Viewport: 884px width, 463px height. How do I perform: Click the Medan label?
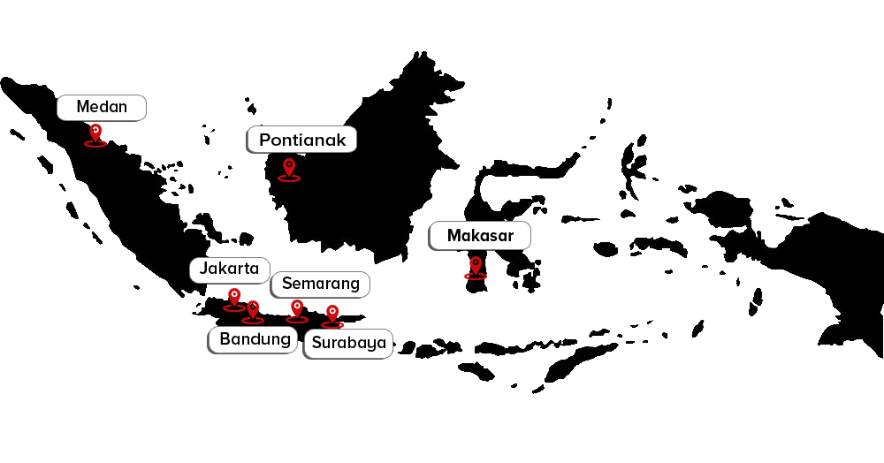pyautogui.click(x=102, y=108)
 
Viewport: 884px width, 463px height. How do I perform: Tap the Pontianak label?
pyautogui.click(x=302, y=140)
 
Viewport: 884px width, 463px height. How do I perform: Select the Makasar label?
pyautogui.click(x=480, y=236)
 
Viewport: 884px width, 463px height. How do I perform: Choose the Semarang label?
pyautogui.click(x=320, y=284)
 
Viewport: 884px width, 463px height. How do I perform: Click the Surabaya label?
pyautogui.click(x=349, y=343)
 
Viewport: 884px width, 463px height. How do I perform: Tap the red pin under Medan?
pyautogui.click(x=95, y=134)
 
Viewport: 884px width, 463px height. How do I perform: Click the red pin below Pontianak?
pyautogui.click(x=288, y=168)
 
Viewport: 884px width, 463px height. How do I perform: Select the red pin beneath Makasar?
pyautogui.click(x=476, y=266)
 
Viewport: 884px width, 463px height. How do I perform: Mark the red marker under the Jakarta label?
pyautogui.click(x=233, y=298)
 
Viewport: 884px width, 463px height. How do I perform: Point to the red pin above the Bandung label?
pyautogui.click(x=254, y=310)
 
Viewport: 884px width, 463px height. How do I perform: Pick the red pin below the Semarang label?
pyautogui.click(x=297, y=310)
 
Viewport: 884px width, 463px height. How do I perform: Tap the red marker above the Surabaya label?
pyautogui.click(x=331, y=314)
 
